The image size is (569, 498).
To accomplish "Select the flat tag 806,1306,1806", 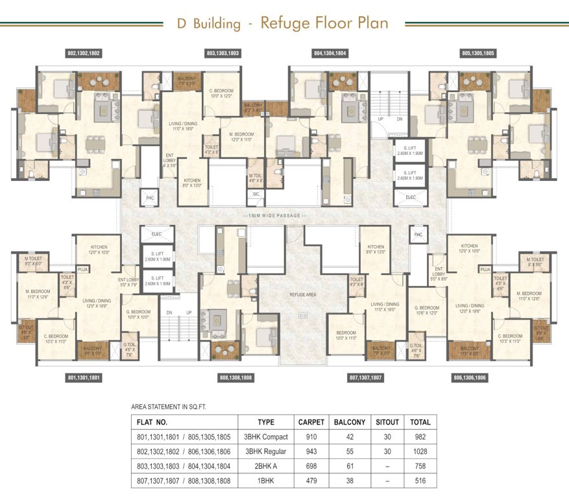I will click(470, 377).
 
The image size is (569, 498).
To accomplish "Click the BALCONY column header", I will click(350, 421).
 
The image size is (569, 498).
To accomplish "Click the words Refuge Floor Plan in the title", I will click(324, 23).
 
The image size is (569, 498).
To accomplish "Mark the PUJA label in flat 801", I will click(82, 268).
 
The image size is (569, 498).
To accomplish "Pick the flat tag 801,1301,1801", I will click(84, 377).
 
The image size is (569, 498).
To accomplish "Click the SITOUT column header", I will click(388, 421).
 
